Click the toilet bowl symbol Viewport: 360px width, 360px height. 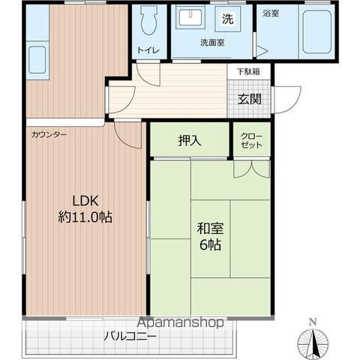coord(149,20)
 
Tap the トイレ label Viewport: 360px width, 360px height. coord(148,50)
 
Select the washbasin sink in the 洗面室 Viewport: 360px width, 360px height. coord(190,17)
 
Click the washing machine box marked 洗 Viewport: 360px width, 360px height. coord(228,19)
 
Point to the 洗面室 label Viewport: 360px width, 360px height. coord(212,43)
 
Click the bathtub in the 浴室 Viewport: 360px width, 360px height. coord(316,31)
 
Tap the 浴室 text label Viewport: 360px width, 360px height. coord(271,13)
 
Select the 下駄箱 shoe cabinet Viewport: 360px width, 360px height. coord(248,72)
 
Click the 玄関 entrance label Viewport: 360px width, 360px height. coord(249,99)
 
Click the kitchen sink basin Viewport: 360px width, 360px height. coord(37,60)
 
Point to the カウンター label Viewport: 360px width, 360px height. coord(49,135)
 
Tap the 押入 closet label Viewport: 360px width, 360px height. coord(190,140)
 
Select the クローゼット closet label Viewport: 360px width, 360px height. coord(251,140)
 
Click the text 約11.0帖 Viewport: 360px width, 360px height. coord(85,217)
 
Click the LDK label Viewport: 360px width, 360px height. coord(85,201)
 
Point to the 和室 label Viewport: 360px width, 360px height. coord(210,228)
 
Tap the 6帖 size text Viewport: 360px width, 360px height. coord(210,244)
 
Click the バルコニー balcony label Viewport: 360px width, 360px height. coord(130,336)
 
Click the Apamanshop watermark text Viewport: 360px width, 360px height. coord(181,322)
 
